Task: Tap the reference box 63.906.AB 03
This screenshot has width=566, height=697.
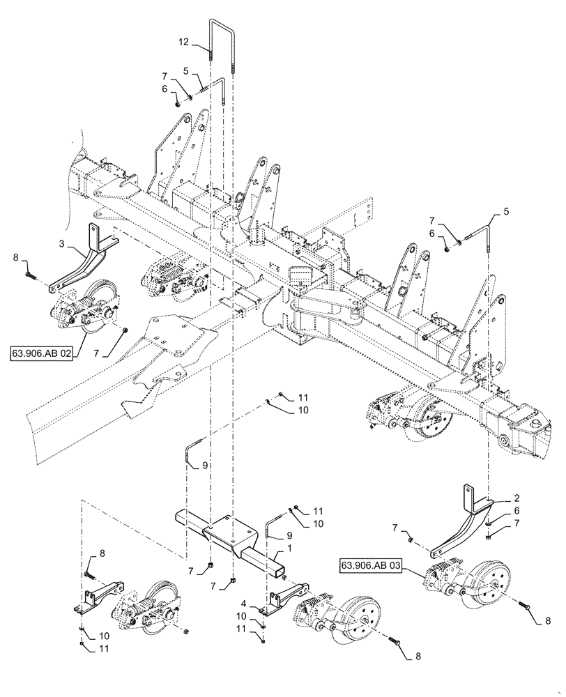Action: [372, 565]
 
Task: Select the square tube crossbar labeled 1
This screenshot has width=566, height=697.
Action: [230, 536]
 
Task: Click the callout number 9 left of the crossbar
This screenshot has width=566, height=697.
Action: [196, 465]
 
